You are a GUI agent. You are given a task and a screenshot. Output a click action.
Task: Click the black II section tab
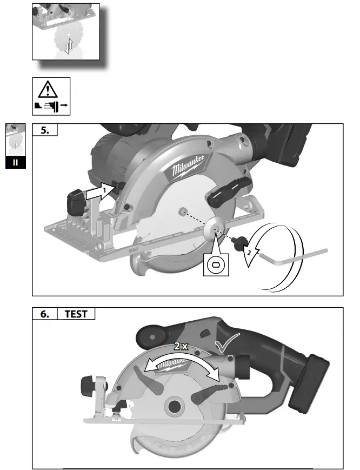click(x=15, y=162)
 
